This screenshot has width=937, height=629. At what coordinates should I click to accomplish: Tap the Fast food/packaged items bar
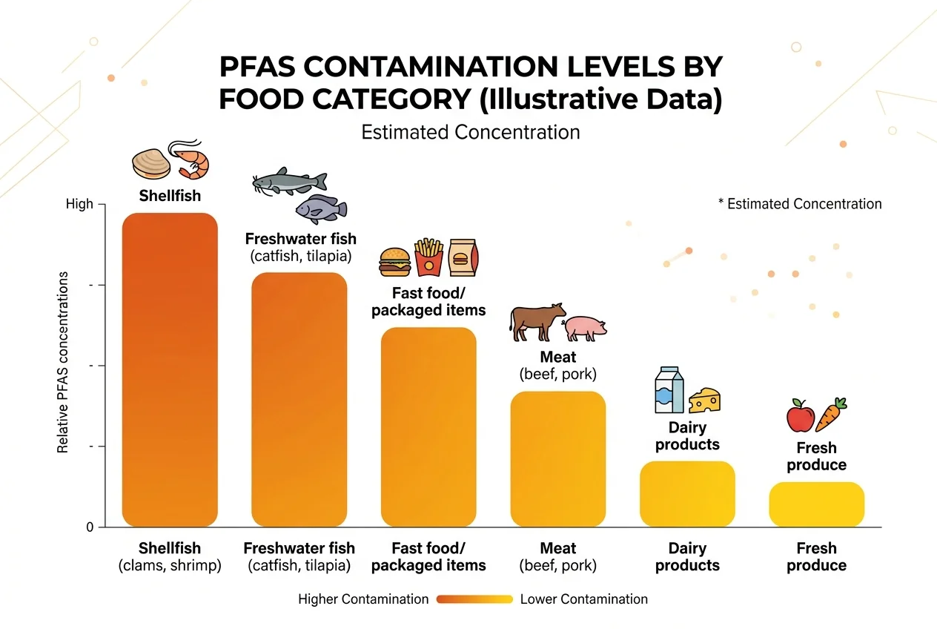pyautogui.click(x=428, y=427)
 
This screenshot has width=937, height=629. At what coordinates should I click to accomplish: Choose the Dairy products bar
pyautogui.click(x=687, y=493)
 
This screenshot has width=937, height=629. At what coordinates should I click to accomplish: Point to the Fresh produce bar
pyautogui.click(x=816, y=504)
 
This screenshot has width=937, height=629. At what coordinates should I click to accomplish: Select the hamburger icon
pyautogui.click(x=394, y=261)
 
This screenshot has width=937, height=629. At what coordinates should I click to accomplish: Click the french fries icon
pyautogui.click(x=428, y=257)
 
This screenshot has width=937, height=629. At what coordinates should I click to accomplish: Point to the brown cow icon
pyautogui.click(x=537, y=320)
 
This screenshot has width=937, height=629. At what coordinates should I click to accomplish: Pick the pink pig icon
pyautogui.click(x=586, y=327)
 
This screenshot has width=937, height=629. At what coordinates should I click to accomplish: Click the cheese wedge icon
pyautogui.click(x=705, y=401)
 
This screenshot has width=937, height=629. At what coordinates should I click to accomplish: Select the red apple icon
pyautogui.click(x=801, y=416)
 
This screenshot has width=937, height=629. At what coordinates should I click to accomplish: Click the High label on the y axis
pyautogui.click(x=79, y=204)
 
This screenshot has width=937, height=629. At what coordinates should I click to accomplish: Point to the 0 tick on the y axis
pyautogui.click(x=90, y=527)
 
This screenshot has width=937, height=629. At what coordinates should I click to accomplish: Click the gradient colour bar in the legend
pyautogui.click(x=474, y=599)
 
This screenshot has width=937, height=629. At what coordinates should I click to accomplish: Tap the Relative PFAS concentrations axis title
pyautogui.click(x=63, y=363)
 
